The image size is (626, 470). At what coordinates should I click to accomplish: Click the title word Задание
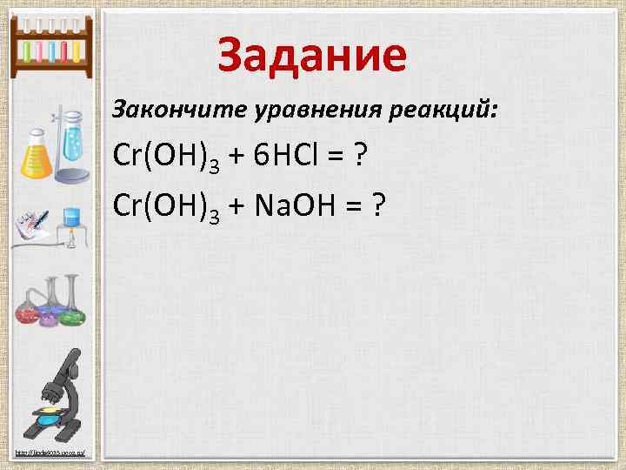point(312,54)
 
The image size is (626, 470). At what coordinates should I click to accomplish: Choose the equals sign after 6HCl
point(331,160)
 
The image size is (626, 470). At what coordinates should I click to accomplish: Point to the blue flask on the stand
point(70,139)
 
